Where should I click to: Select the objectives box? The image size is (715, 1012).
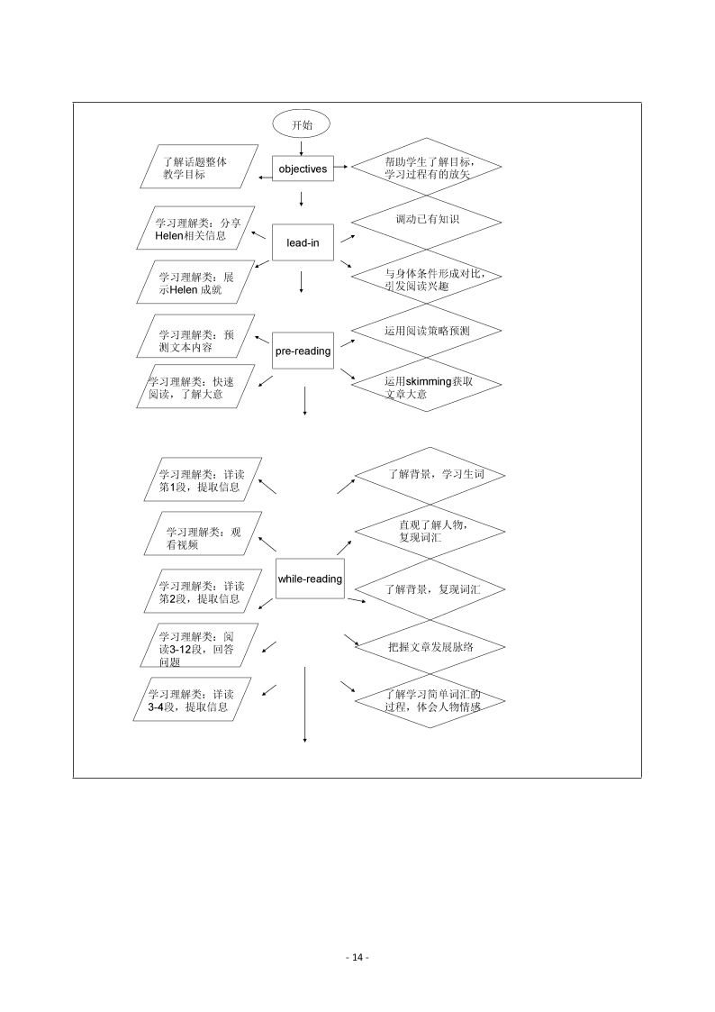[x=302, y=169]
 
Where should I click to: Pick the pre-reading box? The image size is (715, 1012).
[x=303, y=351]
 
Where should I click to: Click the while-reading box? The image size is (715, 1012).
[x=310, y=579]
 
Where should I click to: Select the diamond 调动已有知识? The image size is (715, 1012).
[x=426, y=219]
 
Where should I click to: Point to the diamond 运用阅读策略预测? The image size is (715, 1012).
[x=426, y=331]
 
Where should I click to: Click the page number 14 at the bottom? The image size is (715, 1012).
[x=357, y=957]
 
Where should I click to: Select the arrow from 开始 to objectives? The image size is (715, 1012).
[x=301, y=146]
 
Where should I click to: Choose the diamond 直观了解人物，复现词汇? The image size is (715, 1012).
[x=430, y=531]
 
